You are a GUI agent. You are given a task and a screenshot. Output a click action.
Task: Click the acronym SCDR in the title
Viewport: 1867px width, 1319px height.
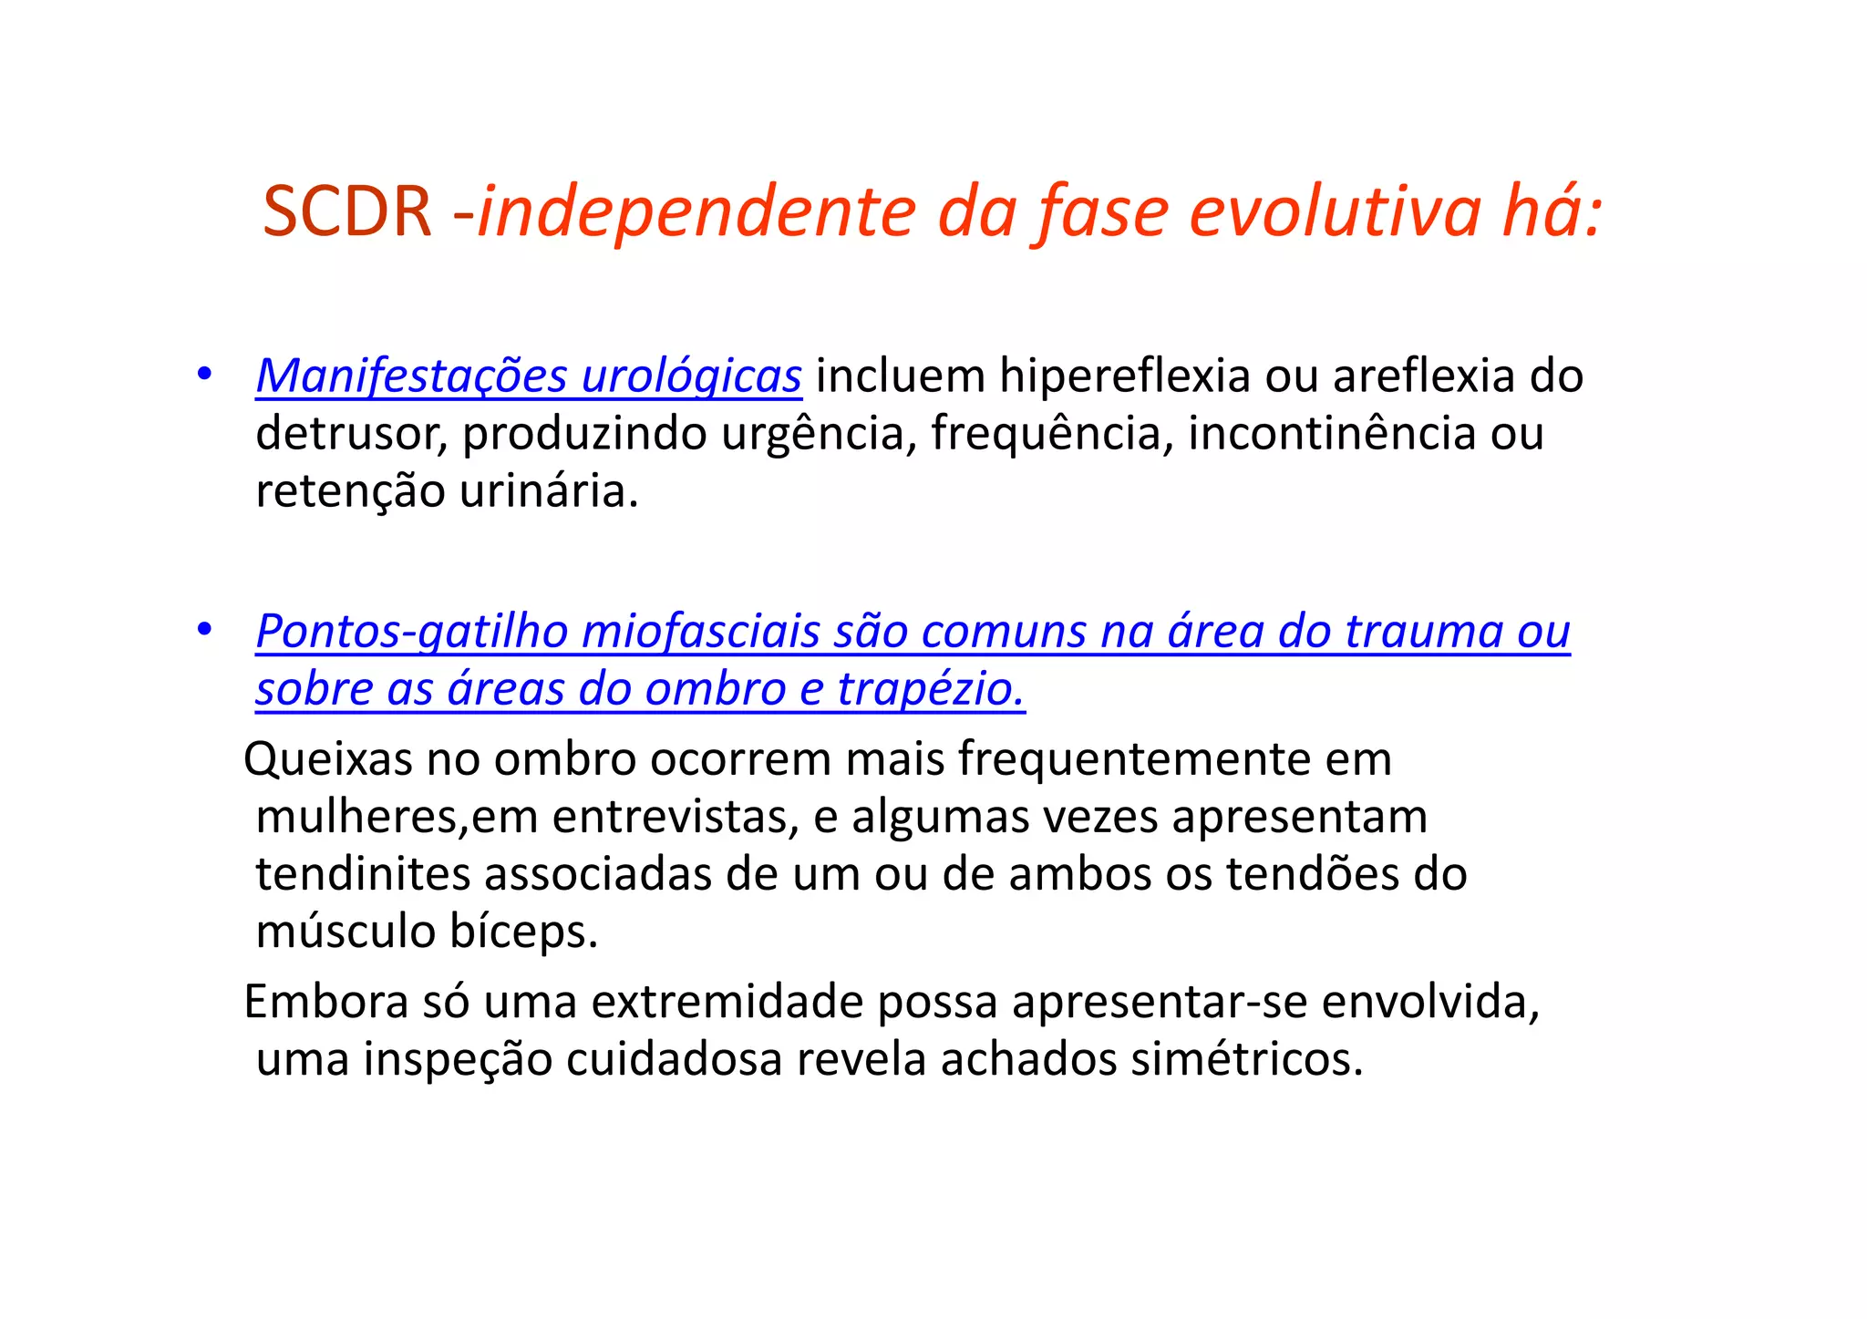[346, 211]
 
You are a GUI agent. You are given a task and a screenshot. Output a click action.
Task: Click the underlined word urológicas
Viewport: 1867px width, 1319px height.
[691, 376]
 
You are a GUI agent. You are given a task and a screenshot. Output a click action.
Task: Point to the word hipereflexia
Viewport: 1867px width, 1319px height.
[1125, 376]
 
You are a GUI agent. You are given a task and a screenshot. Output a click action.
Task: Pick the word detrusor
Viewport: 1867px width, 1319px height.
[351, 433]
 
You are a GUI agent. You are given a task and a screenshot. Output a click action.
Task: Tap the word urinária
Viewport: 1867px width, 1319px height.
[548, 490]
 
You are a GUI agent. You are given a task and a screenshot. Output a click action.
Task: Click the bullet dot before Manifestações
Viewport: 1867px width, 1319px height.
[204, 374]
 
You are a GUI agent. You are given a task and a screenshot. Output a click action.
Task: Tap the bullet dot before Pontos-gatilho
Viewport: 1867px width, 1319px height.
[204, 629]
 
